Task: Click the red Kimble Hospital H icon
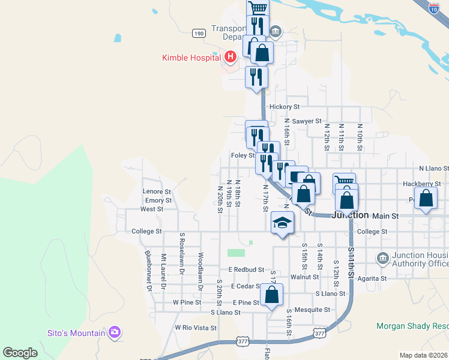(229, 58)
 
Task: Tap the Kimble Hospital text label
(191, 58)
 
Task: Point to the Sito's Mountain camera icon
(115, 332)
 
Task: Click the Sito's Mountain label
(77, 332)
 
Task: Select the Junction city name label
(350, 215)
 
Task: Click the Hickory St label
(285, 107)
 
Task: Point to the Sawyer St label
(307, 121)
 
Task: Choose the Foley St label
(243, 155)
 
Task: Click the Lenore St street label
(157, 191)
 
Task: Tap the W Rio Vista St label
(195, 328)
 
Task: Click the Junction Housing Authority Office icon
(382, 259)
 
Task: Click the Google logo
(20, 353)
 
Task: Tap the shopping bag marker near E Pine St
(271, 295)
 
